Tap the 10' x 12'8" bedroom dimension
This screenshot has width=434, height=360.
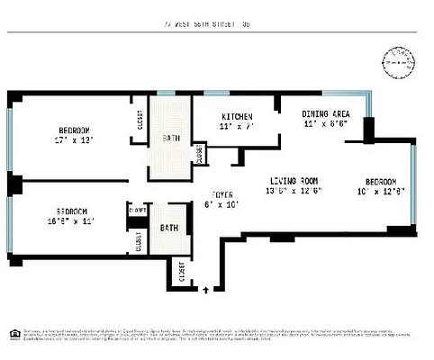[378, 191]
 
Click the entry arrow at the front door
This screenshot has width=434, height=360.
[207, 290]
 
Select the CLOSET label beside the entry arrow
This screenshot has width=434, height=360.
[181, 271]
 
